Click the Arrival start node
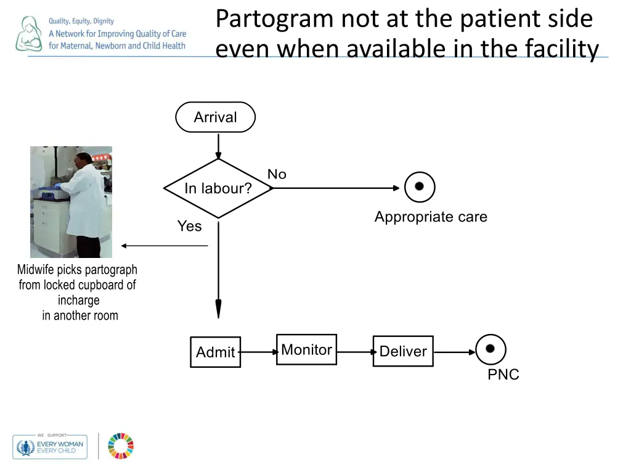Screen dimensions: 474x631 215,117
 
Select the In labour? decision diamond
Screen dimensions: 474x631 218,188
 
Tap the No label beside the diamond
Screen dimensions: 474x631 277,175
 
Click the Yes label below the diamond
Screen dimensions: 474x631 189,227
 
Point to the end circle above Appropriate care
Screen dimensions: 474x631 420,186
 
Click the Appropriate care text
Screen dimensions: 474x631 430,217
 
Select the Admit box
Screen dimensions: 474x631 215,352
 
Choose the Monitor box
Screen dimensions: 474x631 306,350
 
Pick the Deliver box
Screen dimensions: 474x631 403,351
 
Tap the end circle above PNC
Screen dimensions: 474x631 491,349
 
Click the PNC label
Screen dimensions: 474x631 503,375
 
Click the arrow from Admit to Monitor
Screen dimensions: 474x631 258,352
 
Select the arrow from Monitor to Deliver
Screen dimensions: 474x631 355,352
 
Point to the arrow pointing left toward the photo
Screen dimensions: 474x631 164,246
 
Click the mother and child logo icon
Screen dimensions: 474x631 28,34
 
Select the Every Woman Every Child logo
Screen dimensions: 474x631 50,446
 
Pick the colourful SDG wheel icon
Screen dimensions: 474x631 121,446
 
